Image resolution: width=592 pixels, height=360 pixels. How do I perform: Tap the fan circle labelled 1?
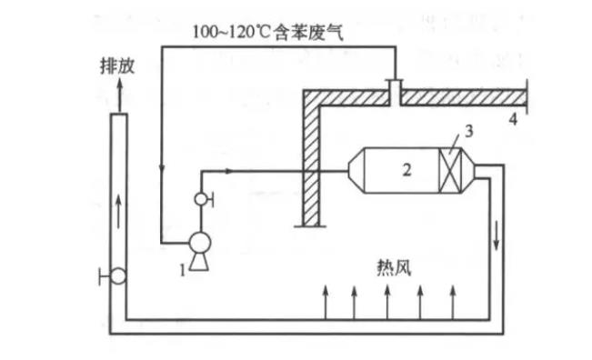[198, 243]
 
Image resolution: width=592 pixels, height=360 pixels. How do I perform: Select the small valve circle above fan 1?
[200, 199]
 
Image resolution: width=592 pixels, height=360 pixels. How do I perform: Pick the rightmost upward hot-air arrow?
[452, 300]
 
